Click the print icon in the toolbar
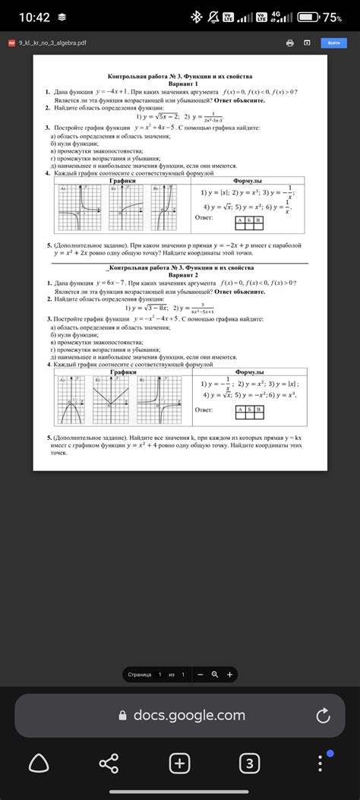289,43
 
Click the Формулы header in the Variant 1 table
248,181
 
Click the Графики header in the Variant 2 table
122,372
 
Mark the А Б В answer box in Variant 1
248,220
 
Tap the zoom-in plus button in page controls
229,674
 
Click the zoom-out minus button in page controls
201,674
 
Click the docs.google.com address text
188,715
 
